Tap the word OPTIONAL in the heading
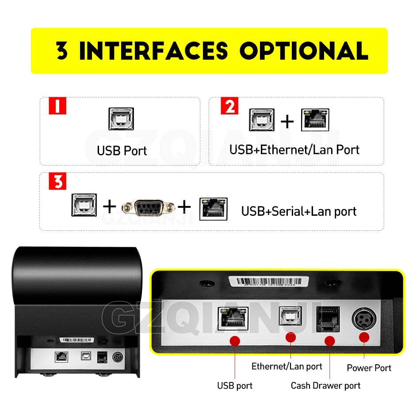click(x=303, y=51)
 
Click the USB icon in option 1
click(x=121, y=119)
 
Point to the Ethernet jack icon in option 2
click(x=315, y=119)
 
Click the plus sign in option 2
click(x=287, y=121)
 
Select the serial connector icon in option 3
click(x=149, y=206)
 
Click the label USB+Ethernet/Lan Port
click(x=294, y=150)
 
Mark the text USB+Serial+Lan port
click(x=298, y=211)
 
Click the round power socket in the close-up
click(x=364, y=319)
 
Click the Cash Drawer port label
click(x=325, y=386)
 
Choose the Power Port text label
click(x=369, y=368)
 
